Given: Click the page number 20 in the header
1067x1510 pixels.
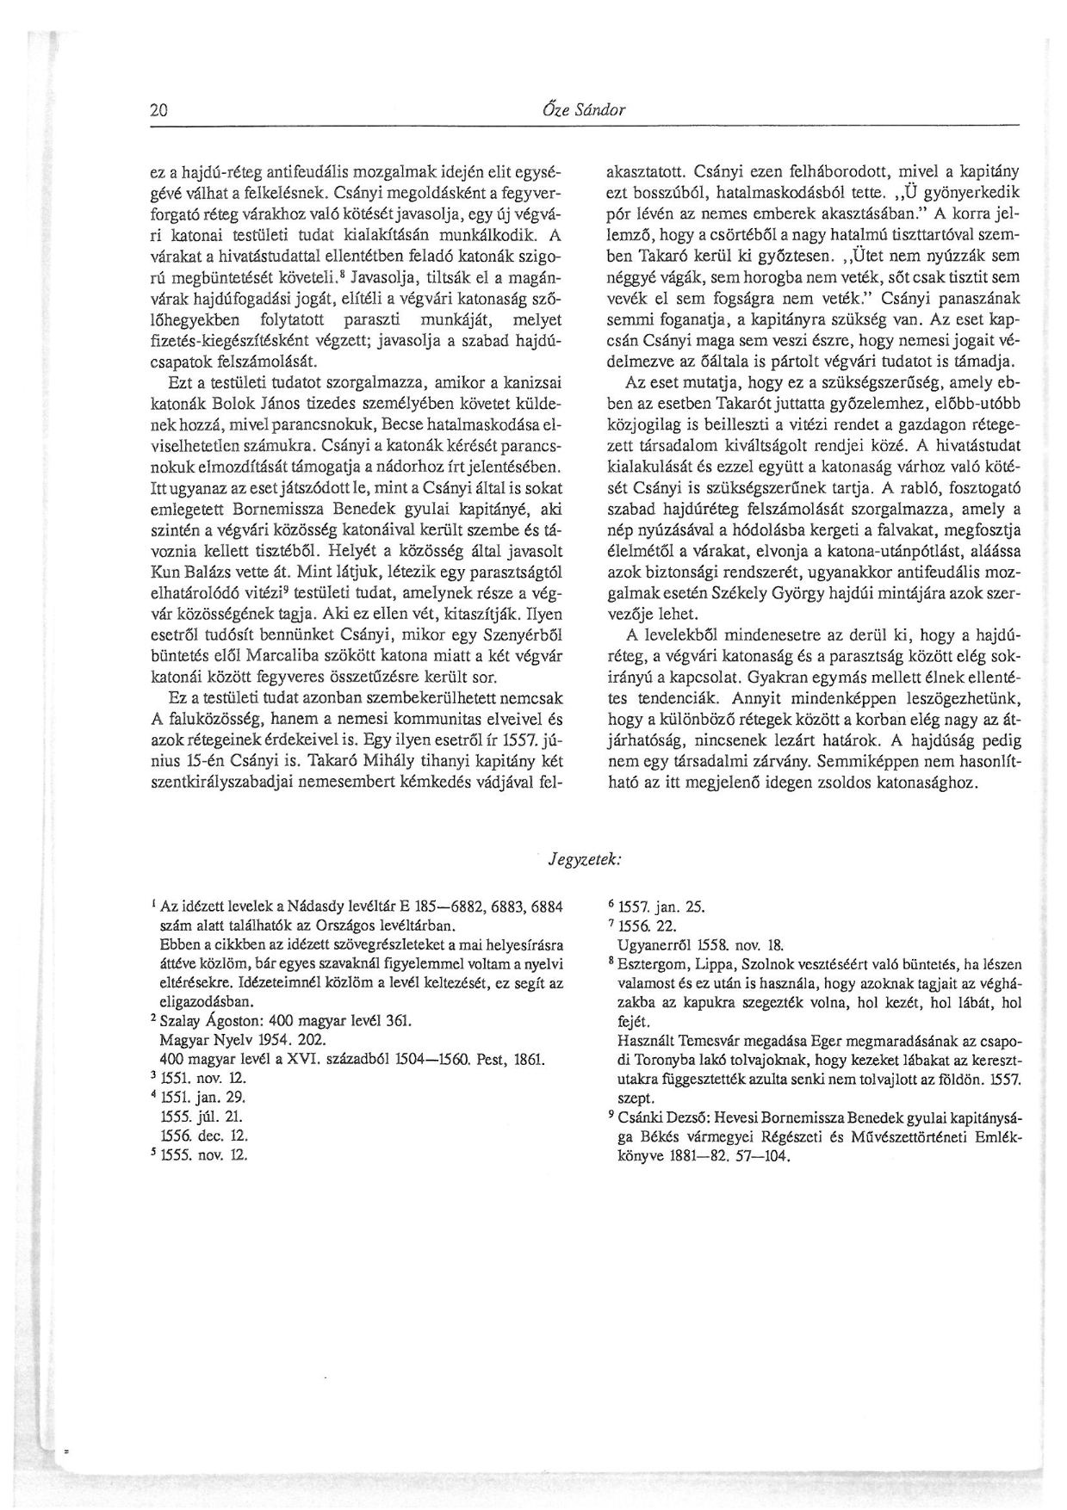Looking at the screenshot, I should tap(158, 110).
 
